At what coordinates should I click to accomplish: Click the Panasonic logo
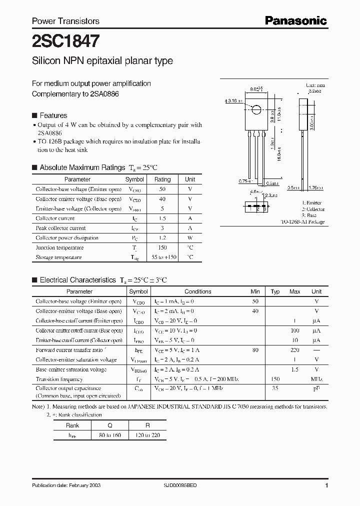(295, 20)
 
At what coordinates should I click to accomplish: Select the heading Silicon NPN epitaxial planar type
(102, 61)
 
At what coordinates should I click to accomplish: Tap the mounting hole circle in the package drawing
(255, 110)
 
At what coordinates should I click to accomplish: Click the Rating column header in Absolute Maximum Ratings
(162, 179)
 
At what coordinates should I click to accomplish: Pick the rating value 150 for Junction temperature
(162, 247)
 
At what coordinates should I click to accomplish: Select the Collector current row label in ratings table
(55, 218)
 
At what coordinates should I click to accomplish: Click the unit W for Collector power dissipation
(190, 238)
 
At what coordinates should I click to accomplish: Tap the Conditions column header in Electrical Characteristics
(198, 291)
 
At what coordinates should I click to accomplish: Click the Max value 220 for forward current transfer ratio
(295, 350)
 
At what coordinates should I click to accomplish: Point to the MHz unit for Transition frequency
(316, 379)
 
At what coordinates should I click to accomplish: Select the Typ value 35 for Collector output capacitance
(275, 388)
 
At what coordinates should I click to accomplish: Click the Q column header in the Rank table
(109, 425)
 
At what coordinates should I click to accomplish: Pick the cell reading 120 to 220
(147, 435)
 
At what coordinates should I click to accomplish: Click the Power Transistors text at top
(65, 21)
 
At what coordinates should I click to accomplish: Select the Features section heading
(53, 115)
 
